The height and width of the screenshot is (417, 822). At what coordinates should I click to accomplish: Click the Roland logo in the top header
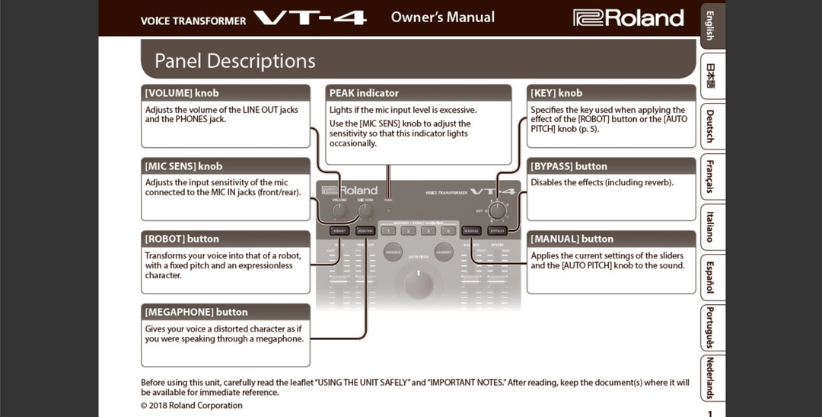coord(628,18)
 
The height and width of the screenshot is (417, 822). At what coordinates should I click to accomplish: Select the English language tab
coord(710,26)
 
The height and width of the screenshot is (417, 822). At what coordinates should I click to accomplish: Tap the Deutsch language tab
coord(710,126)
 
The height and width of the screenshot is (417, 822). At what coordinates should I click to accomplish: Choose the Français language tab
coord(710,176)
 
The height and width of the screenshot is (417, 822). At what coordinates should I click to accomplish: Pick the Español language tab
coord(710,277)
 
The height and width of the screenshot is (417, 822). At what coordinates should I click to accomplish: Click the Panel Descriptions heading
coord(234,61)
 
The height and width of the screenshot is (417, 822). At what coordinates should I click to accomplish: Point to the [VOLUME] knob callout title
coord(182,93)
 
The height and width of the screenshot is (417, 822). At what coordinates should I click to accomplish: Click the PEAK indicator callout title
coord(364,93)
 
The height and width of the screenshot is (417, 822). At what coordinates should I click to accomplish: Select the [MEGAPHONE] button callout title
coord(196,312)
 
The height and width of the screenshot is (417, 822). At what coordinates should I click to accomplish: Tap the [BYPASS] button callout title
coord(569,166)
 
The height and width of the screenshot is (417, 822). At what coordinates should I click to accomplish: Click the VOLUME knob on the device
coord(339,211)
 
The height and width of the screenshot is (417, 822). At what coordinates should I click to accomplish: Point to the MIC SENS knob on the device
coord(365,211)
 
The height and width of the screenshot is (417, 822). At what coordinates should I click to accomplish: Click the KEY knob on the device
coord(498,210)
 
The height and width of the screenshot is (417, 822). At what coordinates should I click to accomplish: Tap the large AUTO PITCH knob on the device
coord(418,284)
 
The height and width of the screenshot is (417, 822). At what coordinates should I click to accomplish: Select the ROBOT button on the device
coord(339,230)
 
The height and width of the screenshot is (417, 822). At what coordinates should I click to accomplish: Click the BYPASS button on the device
coord(497,230)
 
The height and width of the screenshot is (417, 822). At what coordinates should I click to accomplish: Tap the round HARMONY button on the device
coord(443,252)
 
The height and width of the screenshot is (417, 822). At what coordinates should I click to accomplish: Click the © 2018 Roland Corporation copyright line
coord(192,406)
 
